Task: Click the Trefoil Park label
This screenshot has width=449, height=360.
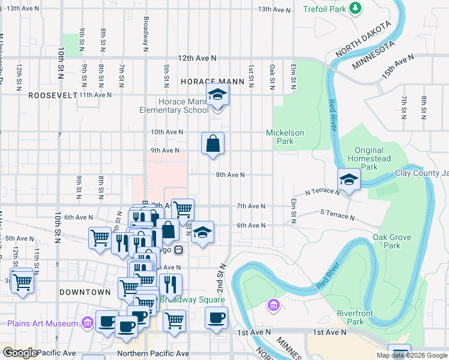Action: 324,9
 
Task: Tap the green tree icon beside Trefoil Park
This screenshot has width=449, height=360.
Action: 356,8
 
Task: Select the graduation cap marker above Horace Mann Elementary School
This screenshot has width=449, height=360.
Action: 217,94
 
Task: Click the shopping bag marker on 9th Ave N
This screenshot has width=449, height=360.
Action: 212,143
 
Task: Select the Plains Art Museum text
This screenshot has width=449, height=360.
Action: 43,323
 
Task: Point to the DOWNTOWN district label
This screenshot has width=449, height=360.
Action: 85,292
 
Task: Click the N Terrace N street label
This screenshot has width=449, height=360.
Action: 322,192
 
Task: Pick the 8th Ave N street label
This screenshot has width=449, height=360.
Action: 230,175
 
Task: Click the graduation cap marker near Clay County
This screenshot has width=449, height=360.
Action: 348,179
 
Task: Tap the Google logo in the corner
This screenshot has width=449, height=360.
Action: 20,352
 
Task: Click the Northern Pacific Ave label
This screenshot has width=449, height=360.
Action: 153,353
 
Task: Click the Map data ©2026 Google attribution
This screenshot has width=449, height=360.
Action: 412,355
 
